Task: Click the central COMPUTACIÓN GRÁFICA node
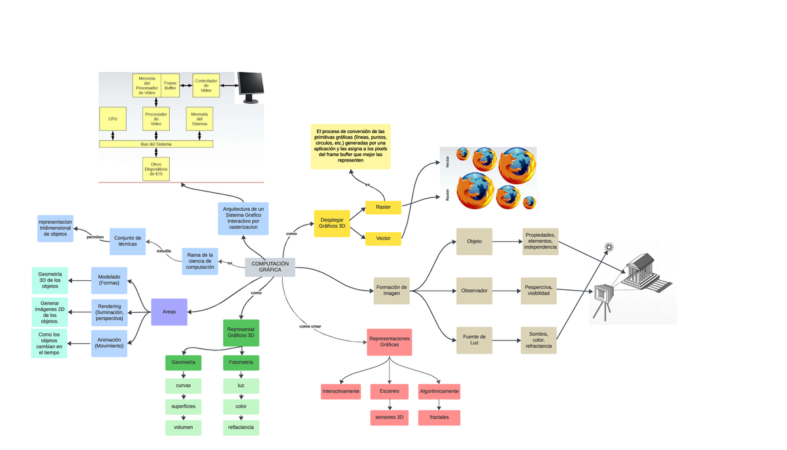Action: click(270, 267)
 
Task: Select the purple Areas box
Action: click(169, 312)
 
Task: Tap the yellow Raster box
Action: click(383, 207)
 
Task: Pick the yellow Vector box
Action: click(383, 238)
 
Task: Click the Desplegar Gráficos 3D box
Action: click(332, 224)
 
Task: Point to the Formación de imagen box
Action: click(392, 291)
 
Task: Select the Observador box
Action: click(474, 291)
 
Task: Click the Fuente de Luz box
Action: click(474, 340)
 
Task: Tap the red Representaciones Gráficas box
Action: click(390, 342)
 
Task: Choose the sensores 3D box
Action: click(390, 417)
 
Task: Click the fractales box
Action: click(439, 417)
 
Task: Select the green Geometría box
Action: click(183, 362)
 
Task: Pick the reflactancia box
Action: click(241, 428)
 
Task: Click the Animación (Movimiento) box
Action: click(110, 343)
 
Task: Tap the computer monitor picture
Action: click(250, 88)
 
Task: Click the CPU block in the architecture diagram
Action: click(113, 119)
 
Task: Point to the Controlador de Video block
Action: click(206, 85)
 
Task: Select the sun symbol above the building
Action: click(609, 247)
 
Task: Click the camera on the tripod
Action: click(602, 297)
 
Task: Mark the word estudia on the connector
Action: click(164, 251)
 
